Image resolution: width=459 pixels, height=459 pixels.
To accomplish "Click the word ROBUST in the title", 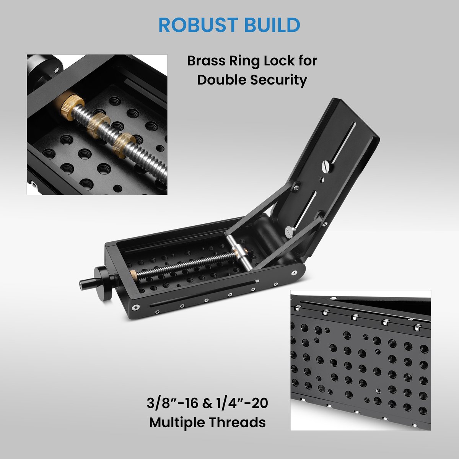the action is click(198, 25).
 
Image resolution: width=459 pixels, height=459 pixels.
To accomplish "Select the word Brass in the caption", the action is click(205, 61).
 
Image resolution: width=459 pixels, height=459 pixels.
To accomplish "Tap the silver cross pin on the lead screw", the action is click(239, 252).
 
